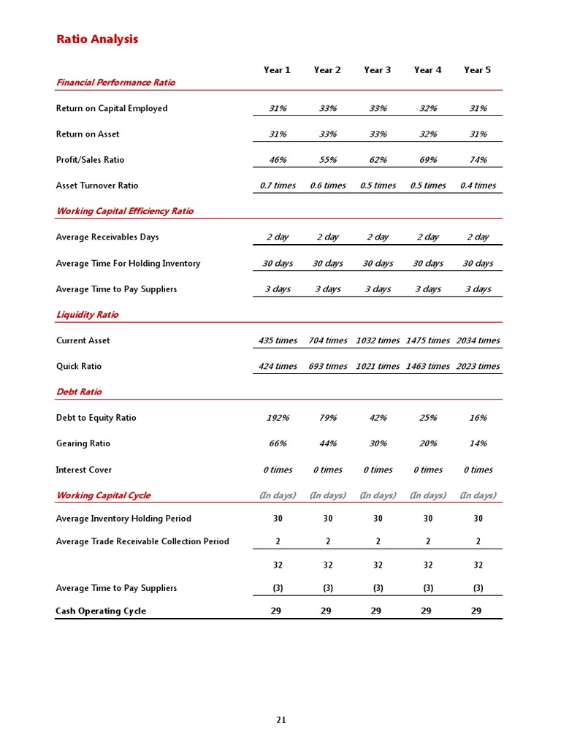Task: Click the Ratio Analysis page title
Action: tap(97, 39)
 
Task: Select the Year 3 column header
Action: tap(377, 70)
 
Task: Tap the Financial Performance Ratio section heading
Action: tap(115, 83)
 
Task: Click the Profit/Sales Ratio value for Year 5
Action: tap(478, 160)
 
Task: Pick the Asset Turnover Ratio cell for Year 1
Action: tap(278, 186)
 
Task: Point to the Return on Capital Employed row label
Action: tap(112, 109)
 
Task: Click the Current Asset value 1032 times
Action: tap(378, 340)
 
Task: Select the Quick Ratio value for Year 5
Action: tap(478, 367)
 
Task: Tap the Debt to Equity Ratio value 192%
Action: tap(278, 418)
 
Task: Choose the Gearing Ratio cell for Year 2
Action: tap(328, 444)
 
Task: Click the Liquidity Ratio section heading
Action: tap(87, 315)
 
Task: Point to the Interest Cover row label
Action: tap(84, 470)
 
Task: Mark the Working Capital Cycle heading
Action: tap(103, 495)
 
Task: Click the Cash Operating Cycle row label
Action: tap(101, 611)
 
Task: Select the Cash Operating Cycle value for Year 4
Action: tap(427, 611)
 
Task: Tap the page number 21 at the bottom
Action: tap(281, 720)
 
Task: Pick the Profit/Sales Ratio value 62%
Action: tap(378, 160)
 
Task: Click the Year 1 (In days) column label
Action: tap(278, 495)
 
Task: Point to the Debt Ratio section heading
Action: tap(79, 392)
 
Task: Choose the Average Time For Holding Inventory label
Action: tap(128, 264)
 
